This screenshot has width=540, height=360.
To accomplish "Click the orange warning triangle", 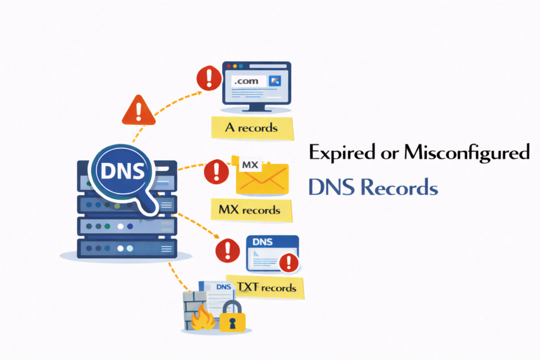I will (x=138, y=110).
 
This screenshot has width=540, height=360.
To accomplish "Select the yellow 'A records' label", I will (x=252, y=128).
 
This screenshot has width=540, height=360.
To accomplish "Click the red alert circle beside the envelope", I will (x=216, y=171).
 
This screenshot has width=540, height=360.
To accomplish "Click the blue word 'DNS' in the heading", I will (x=331, y=187).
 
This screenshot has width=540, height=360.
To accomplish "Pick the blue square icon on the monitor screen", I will (x=275, y=81).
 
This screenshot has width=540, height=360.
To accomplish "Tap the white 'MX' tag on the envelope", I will (x=250, y=165).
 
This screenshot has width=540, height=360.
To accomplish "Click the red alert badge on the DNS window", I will (x=288, y=261).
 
